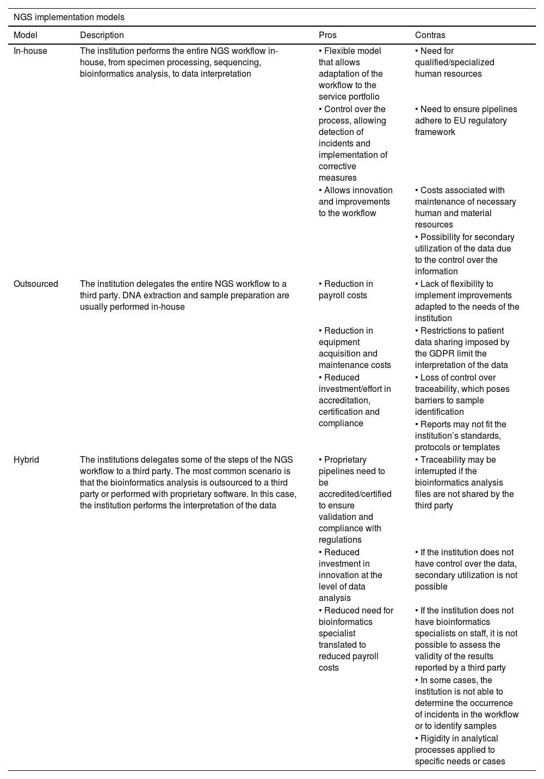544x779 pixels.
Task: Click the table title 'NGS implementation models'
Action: (x=69, y=17)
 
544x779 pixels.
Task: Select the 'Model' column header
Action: (x=26, y=35)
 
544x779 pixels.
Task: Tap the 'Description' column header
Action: (x=102, y=35)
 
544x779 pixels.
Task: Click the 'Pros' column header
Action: (x=327, y=35)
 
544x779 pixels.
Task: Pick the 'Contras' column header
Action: (x=430, y=35)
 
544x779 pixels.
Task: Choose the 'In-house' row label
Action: (x=30, y=51)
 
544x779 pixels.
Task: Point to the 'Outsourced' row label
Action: (x=36, y=284)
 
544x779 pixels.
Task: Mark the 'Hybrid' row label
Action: (x=27, y=460)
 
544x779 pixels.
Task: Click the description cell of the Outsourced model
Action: (x=185, y=295)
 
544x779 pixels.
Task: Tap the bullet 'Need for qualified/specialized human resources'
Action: (x=454, y=63)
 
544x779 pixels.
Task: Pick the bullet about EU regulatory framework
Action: (x=466, y=121)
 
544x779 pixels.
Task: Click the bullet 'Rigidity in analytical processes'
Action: (x=460, y=750)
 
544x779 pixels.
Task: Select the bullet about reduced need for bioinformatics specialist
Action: (x=356, y=639)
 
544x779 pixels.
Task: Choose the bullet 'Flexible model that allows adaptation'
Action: (x=350, y=74)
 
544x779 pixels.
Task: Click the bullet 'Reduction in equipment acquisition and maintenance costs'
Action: (x=355, y=348)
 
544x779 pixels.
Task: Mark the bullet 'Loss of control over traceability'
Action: (x=462, y=395)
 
